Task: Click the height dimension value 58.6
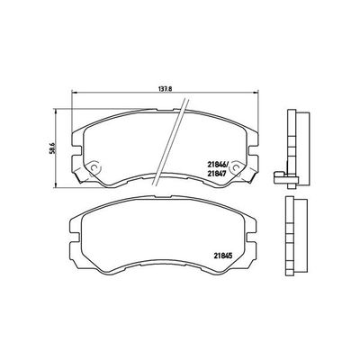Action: [x=54, y=143]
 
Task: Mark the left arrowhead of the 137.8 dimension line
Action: [x=72, y=94]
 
